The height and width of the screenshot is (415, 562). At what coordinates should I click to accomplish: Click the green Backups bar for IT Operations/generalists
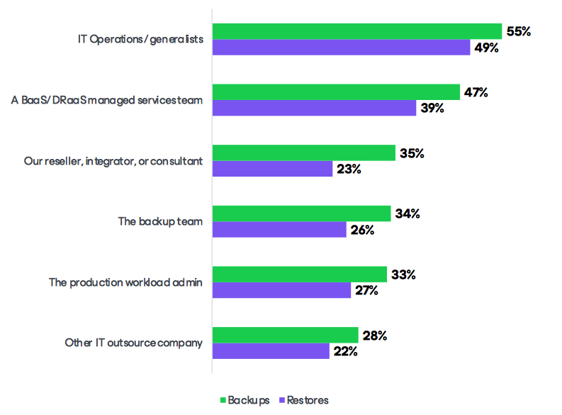point(357,31)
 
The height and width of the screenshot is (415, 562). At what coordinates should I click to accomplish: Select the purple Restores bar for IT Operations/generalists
point(341,48)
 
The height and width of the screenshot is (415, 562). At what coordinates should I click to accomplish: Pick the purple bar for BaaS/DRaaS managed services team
point(314,108)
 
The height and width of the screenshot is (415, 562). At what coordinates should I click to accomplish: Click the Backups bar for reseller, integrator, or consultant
point(304,153)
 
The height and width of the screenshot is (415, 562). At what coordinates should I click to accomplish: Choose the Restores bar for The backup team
point(279,229)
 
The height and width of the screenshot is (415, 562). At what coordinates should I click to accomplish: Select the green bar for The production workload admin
point(300,274)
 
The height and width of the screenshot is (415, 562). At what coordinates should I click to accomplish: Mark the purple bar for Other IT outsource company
point(271,350)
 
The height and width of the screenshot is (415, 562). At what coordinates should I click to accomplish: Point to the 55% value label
point(519,31)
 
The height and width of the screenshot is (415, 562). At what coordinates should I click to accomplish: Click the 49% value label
point(487,48)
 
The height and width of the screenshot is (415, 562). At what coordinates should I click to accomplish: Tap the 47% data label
point(475,92)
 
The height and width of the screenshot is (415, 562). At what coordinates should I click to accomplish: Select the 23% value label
point(349,169)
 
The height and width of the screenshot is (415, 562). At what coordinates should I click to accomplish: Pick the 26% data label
point(362,230)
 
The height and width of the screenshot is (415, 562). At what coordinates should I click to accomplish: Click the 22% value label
point(345,351)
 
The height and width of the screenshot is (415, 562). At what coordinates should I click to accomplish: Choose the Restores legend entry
point(305,400)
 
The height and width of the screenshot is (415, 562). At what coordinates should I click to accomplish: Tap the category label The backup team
point(160,221)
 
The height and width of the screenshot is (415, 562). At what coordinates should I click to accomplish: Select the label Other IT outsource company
point(133,343)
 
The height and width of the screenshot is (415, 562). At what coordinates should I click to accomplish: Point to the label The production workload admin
point(125,282)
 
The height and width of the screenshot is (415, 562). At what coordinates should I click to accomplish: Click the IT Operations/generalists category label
point(140,40)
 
